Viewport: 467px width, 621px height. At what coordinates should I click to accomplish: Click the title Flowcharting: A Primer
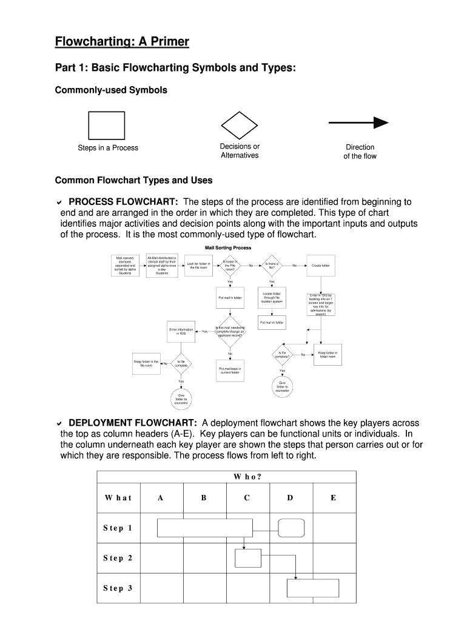[x=122, y=42]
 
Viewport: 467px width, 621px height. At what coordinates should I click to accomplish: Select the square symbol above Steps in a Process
[x=106, y=125]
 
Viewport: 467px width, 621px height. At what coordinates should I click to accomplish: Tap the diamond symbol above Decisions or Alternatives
[x=239, y=125]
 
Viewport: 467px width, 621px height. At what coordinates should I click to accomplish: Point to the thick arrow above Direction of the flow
[x=358, y=123]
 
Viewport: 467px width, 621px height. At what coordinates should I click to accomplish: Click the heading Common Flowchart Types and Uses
[x=133, y=180]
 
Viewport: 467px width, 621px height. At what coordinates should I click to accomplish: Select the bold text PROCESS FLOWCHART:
[x=123, y=202]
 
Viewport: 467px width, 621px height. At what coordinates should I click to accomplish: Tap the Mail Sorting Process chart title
[x=227, y=248]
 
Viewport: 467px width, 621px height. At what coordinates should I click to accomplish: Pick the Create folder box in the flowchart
[x=321, y=266]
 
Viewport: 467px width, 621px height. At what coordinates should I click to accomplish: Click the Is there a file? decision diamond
[x=272, y=266]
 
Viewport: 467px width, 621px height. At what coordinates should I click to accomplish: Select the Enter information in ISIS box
[x=181, y=332]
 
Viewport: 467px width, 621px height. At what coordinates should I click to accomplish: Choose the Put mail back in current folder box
[x=230, y=371]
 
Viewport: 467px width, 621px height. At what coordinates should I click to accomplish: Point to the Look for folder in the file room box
[x=199, y=266]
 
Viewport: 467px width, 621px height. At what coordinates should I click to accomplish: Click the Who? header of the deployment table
[x=247, y=477]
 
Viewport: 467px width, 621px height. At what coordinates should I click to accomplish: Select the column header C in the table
[x=247, y=498]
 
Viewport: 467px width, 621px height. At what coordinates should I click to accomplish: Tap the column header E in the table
[x=333, y=498]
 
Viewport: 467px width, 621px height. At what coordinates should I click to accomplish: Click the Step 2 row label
[x=118, y=558]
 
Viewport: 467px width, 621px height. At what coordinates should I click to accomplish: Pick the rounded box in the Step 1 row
[x=291, y=528]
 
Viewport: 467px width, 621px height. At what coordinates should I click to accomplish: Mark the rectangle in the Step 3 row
[x=312, y=588]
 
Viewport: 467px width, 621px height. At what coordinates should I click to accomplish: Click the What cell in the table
[x=118, y=498]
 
